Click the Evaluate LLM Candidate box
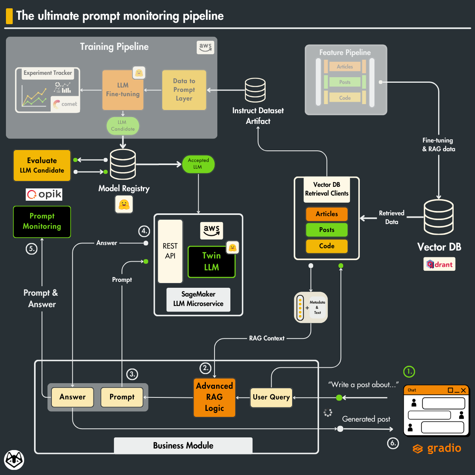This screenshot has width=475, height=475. [x=42, y=165]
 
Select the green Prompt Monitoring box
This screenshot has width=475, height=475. [x=42, y=222]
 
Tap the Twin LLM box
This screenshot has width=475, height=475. [x=211, y=262]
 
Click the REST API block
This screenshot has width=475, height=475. [x=170, y=251]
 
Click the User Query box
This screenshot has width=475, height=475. [x=271, y=397]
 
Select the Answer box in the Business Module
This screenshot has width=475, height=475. [x=72, y=397]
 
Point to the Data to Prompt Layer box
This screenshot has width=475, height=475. [x=184, y=90]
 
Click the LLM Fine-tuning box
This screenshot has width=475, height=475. [x=123, y=90]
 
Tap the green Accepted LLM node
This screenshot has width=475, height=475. [x=198, y=164]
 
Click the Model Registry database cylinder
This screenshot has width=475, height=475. [x=123, y=164]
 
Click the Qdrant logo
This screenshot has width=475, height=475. [x=439, y=264]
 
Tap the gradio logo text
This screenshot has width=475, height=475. [x=443, y=448]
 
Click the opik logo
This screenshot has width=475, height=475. [x=44, y=194]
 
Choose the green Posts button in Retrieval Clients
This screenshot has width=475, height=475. [x=327, y=230]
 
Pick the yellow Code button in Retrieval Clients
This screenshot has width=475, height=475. [x=327, y=246]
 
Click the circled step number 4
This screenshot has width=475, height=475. [x=144, y=231]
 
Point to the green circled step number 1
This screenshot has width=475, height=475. [x=409, y=371]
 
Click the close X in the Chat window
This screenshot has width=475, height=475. [x=463, y=390]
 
